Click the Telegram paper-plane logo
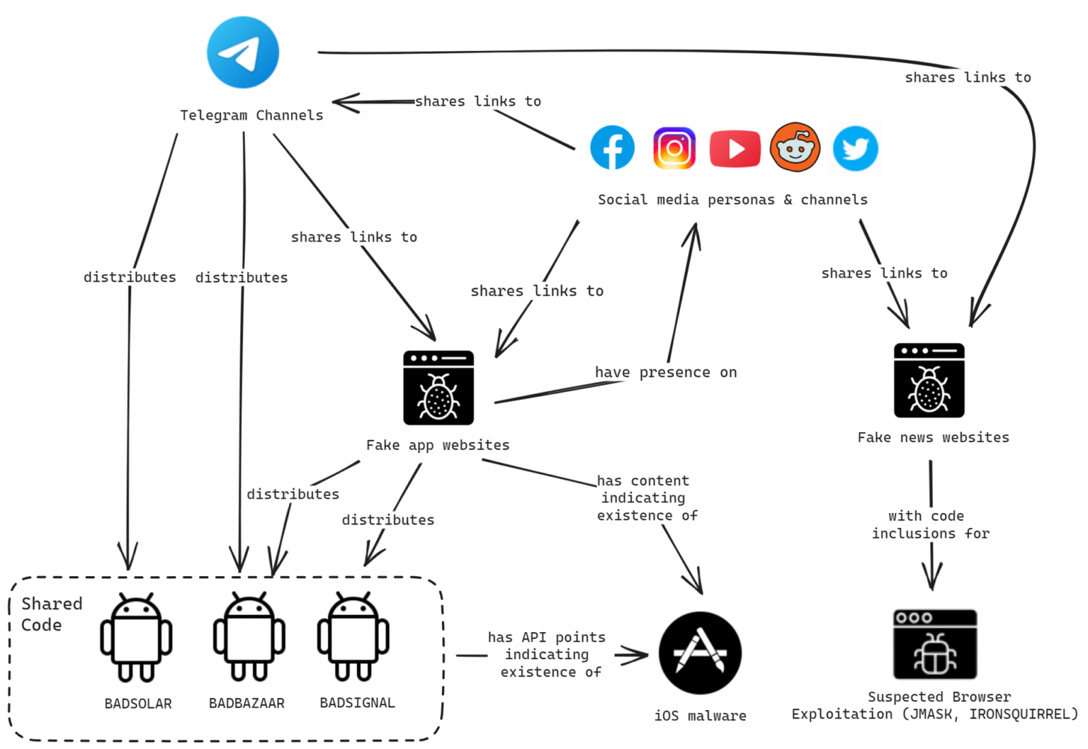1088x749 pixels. click(x=243, y=53)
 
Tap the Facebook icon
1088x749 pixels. click(x=612, y=148)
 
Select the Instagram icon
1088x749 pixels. click(x=674, y=148)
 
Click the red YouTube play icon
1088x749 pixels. click(x=734, y=148)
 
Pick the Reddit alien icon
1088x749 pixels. click(x=795, y=147)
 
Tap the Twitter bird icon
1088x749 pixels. click(x=855, y=148)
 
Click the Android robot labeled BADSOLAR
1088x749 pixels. click(x=136, y=637)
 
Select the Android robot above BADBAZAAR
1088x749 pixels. click(x=249, y=637)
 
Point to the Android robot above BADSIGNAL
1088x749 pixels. click(x=353, y=637)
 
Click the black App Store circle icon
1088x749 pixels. click(x=700, y=653)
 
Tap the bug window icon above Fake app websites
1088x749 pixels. click(x=439, y=388)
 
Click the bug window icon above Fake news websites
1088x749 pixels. click(x=929, y=380)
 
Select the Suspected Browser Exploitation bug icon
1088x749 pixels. click(x=935, y=644)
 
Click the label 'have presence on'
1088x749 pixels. click(x=666, y=372)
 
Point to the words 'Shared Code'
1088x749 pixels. click(x=51, y=614)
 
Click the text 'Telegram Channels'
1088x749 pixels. click(x=252, y=115)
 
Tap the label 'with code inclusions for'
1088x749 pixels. click(x=930, y=525)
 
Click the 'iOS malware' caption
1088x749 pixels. click(x=700, y=716)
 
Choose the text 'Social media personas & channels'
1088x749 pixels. click(x=732, y=199)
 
